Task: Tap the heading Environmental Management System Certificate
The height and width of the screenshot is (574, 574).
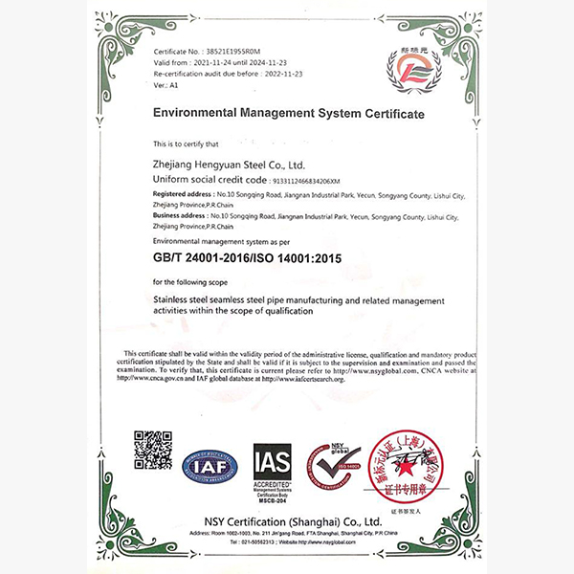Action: pos(288,113)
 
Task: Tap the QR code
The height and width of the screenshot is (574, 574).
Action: pos(153,451)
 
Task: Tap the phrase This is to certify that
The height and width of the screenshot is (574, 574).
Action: pos(186,143)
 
